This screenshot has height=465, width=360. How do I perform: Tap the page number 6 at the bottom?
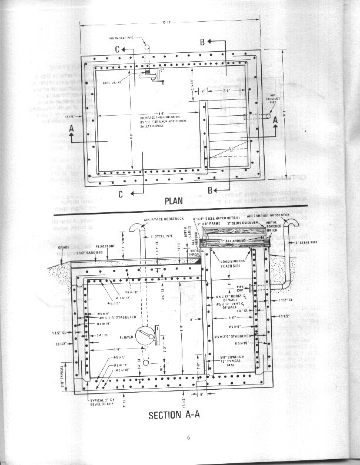pos(189,437)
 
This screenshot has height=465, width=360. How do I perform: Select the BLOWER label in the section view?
pos(126,337)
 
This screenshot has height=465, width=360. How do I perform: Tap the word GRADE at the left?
pos(64,248)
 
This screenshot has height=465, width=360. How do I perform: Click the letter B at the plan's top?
pos(202,42)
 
